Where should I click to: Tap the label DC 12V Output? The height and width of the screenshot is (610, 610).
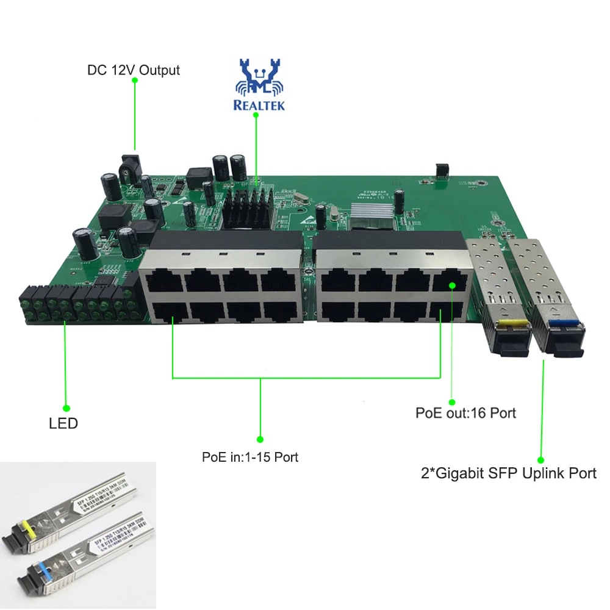pos(133,70)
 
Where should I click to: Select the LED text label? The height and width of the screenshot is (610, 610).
pos(63,423)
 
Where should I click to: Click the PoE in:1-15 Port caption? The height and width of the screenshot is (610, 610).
pos(250,457)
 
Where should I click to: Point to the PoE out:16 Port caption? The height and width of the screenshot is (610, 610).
pos(465,413)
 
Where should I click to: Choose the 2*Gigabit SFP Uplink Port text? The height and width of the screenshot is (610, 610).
pos(508,473)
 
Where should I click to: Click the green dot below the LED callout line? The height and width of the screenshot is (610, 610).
pos(66,408)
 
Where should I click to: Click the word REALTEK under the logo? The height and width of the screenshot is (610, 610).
pos(259,105)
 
